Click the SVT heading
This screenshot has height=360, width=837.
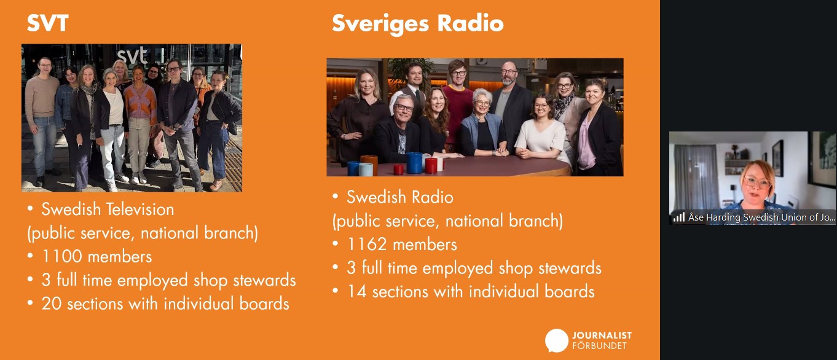pyautogui.click(x=47, y=23)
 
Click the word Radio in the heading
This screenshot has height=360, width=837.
pyautogui.click(x=470, y=23)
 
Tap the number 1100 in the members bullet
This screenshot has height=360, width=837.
pyautogui.click(x=61, y=257)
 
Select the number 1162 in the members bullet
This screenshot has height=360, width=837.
pyautogui.click(x=366, y=245)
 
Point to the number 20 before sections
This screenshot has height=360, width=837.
pyautogui.click(x=52, y=303)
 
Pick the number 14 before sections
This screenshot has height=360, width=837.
pyautogui.click(x=357, y=292)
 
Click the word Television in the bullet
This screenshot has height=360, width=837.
pyautogui.click(x=141, y=209)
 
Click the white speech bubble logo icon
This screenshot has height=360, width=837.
pyautogui.click(x=556, y=340)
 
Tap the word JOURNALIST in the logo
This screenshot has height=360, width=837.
pyautogui.click(x=602, y=335)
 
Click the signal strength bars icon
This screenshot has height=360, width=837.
pyautogui.click(x=678, y=217)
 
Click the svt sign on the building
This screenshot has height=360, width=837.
pyautogui.click(x=133, y=56)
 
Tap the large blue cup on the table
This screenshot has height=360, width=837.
pyautogui.click(x=414, y=163)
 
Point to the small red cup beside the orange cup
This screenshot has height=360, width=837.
pyautogui.click(x=398, y=169)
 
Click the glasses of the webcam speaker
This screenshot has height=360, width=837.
pyautogui.click(x=756, y=182)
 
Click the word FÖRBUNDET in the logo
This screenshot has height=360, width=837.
pyautogui.click(x=599, y=346)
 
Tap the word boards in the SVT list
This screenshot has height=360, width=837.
pyautogui.click(x=264, y=303)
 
